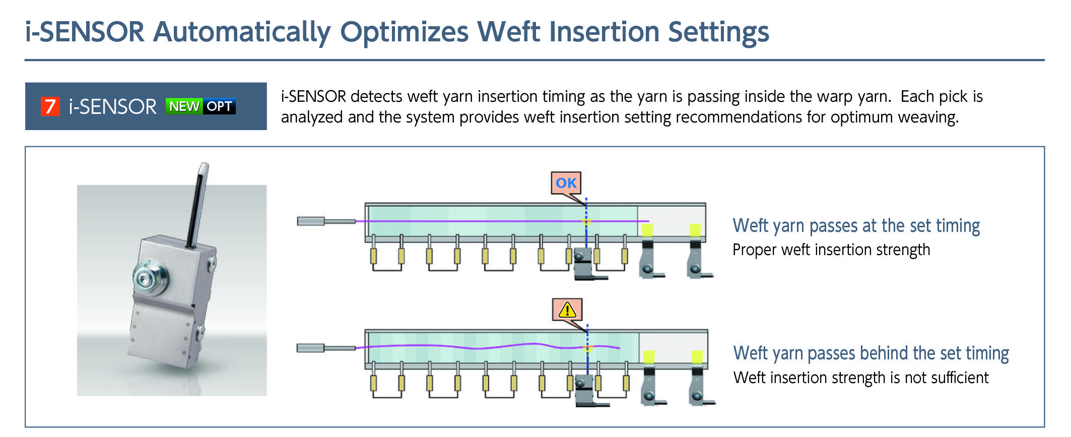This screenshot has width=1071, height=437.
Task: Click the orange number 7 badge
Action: pyautogui.click(x=50, y=106)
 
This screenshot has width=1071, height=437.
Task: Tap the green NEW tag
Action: pyautogui.click(x=184, y=106)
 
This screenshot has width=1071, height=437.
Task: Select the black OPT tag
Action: pyautogui.click(x=219, y=106)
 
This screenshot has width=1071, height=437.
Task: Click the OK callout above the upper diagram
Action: pyautogui.click(x=566, y=183)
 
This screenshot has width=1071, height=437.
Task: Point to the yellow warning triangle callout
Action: pyautogui.click(x=567, y=309)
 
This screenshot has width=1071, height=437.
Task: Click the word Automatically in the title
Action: pyautogui.click(x=242, y=32)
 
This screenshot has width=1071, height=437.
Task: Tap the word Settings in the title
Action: pyautogui.click(x=718, y=32)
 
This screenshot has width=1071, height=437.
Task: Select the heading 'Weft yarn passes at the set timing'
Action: pyautogui.click(x=856, y=226)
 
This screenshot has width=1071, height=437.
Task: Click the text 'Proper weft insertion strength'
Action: pyautogui.click(x=831, y=250)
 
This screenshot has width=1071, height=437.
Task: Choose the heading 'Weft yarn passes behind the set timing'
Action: pyautogui.click(x=871, y=353)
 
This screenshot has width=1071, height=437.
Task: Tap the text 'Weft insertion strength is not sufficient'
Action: pyautogui.click(x=860, y=378)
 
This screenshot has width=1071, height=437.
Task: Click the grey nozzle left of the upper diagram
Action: pyautogui.click(x=311, y=221)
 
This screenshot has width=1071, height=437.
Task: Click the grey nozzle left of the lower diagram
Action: pyautogui.click(x=310, y=348)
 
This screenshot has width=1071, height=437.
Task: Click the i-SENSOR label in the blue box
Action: pyautogui.click(x=112, y=107)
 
